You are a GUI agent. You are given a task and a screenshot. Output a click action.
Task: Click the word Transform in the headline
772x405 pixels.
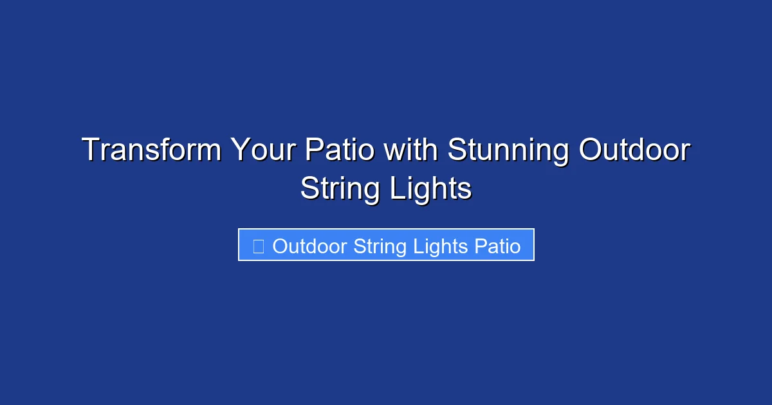click(x=152, y=150)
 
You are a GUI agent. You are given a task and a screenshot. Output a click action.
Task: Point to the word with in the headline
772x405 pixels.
click(x=412, y=150)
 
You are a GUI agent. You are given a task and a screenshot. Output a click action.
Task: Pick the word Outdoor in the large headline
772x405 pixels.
click(x=634, y=150)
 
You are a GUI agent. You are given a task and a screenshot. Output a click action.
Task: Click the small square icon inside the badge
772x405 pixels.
click(x=258, y=246)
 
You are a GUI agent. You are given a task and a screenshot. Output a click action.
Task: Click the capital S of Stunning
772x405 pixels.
click(x=457, y=150)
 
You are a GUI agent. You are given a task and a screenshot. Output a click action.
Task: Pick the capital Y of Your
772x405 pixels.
click(x=241, y=150)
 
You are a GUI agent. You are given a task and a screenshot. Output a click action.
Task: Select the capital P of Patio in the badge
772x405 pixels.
click(x=479, y=246)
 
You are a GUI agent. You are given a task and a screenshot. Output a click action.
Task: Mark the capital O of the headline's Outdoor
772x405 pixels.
click(x=591, y=150)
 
